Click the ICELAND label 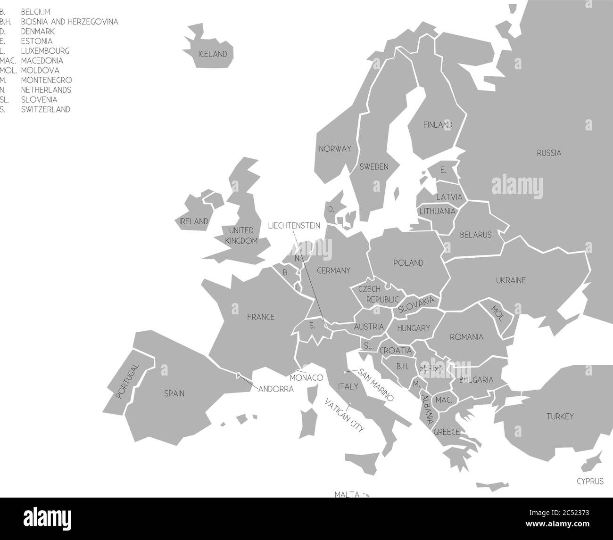coord(213,54)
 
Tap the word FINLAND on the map coord(438,125)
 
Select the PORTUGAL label coord(128,381)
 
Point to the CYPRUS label coord(590,481)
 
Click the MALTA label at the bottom coord(347,494)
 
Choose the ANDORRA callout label coord(276,389)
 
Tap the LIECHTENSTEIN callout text coord(294,226)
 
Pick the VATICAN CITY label coord(344,415)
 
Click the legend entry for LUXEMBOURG coord(45,51)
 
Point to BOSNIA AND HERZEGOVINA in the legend coord(69,22)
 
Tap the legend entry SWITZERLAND coord(46,109)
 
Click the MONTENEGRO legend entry coord(46,80)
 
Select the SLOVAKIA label coord(416,304)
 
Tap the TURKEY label coord(560,417)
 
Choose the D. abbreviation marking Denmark coord(331,209)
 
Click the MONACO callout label coord(306,378)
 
